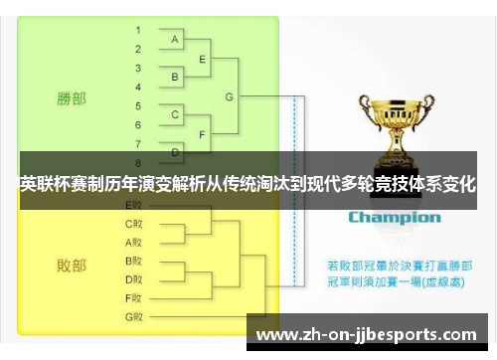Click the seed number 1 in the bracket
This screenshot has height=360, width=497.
(x=138, y=31)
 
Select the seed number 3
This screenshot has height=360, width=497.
(x=138, y=68)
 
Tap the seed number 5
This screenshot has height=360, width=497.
(x=138, y=104)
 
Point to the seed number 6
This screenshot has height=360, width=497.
(x=138, y=123)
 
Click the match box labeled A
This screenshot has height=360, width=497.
(x=175, y=40)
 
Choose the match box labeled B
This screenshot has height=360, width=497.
(x=175, y=77)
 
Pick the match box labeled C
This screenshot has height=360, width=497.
(x=175, y=114)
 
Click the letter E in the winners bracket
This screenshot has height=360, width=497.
(x=203, y=59)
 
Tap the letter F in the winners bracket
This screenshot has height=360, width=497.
(x=203, y=133)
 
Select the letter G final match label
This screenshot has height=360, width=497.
(x=230, y=96)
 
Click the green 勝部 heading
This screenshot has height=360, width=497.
(x=71, y=98)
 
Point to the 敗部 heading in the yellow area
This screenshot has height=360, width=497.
(x=71, y=265)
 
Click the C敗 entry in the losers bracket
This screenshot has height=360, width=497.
(x=134, y=223)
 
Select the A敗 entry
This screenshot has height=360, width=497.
(x=134, y=242)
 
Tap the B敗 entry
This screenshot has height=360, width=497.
(x=134, y=261)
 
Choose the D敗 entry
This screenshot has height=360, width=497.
(x=134, y=278)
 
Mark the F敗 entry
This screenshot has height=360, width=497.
(x=134, y=297)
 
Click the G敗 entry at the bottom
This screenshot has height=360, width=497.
(x=134, y=316)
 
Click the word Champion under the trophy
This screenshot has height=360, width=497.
(x=394, y=216)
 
